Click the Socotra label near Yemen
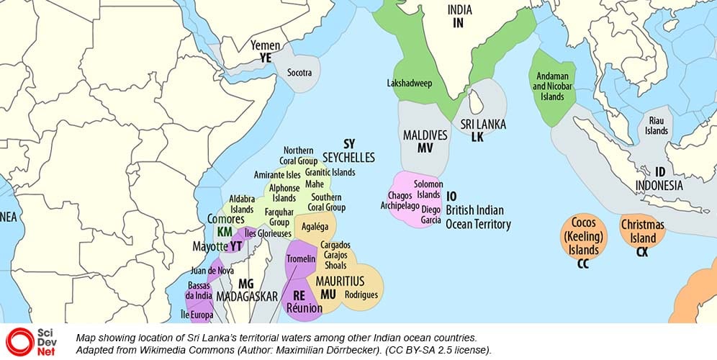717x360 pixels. (x=299, y=73)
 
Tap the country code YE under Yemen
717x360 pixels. (x=266, y=58)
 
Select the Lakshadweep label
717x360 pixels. (x=409, y=84)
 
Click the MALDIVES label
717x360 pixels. (x=425, y=135)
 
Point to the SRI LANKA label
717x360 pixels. (x=483, y=125)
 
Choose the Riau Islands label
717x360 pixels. (x=656, y=126)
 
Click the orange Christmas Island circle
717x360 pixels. (x=642, y=231)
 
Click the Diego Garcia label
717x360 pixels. (x=430, y=215)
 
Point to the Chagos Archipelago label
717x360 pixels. (x=400, y=201)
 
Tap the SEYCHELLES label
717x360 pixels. (x=348, y=157)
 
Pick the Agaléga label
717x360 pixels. (x=315, y=225)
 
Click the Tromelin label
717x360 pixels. (x=301, y=259)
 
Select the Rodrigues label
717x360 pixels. (x=361, y=294)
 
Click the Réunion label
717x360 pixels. (x=303, y=308)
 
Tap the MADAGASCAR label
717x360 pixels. (x=248, y=297)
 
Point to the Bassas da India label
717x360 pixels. (x=199, y=291)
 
